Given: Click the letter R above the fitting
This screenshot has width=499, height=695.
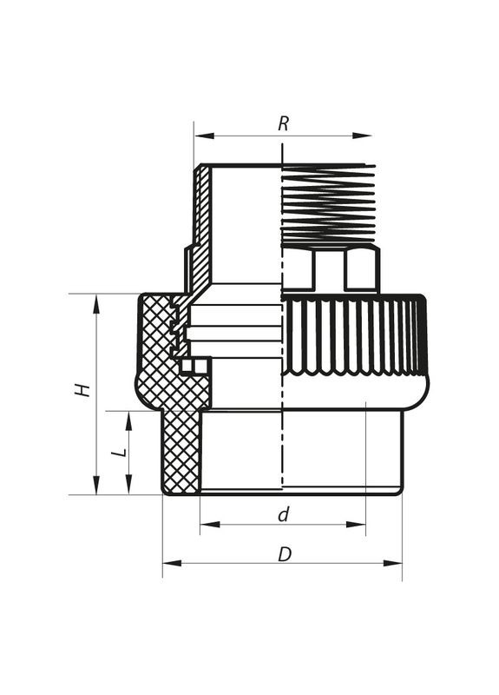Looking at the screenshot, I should point(283,123).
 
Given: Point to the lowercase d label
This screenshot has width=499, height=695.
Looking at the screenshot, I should point(283,514).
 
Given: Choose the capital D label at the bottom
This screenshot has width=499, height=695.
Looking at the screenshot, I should point(284,553).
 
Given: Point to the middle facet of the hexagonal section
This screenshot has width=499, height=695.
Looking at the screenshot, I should point(329,269).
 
